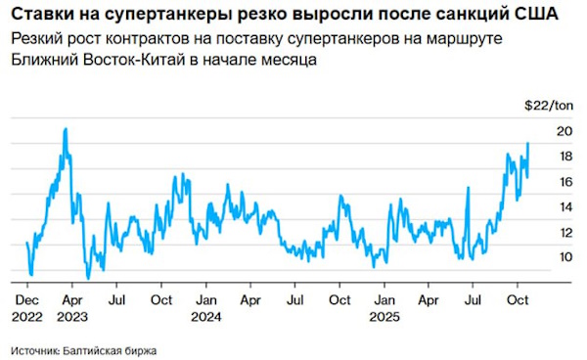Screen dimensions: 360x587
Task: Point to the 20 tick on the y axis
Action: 564,130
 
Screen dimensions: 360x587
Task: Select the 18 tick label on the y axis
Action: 564,156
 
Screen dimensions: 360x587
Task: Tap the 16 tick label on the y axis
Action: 564,181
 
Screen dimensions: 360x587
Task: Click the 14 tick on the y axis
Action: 564,206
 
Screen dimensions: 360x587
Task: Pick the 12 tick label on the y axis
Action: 564,232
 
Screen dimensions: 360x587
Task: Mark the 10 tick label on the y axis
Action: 564,257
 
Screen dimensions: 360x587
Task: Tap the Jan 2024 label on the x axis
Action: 206,306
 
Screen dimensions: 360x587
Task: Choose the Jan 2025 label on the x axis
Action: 386,306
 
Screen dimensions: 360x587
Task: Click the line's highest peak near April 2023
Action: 66,128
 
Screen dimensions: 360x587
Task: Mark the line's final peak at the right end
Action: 528,143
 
